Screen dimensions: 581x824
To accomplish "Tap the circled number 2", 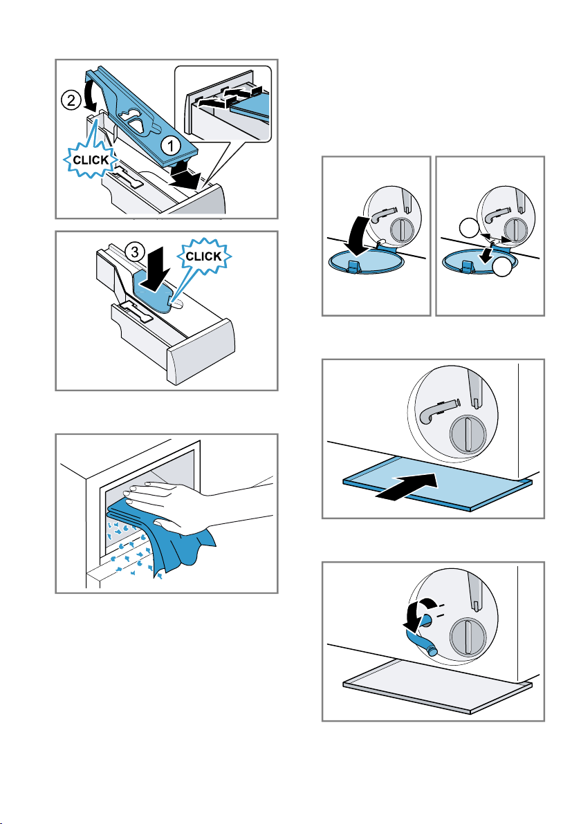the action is (71, 100).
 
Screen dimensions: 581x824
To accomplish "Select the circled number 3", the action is (135, 252).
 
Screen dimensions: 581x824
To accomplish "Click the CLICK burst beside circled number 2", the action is (91, 160).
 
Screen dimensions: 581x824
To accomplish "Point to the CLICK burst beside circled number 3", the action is (204, 256).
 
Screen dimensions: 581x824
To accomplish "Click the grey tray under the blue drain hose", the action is (437, 685).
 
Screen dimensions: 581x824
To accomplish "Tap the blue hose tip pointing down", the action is (431, 650).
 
